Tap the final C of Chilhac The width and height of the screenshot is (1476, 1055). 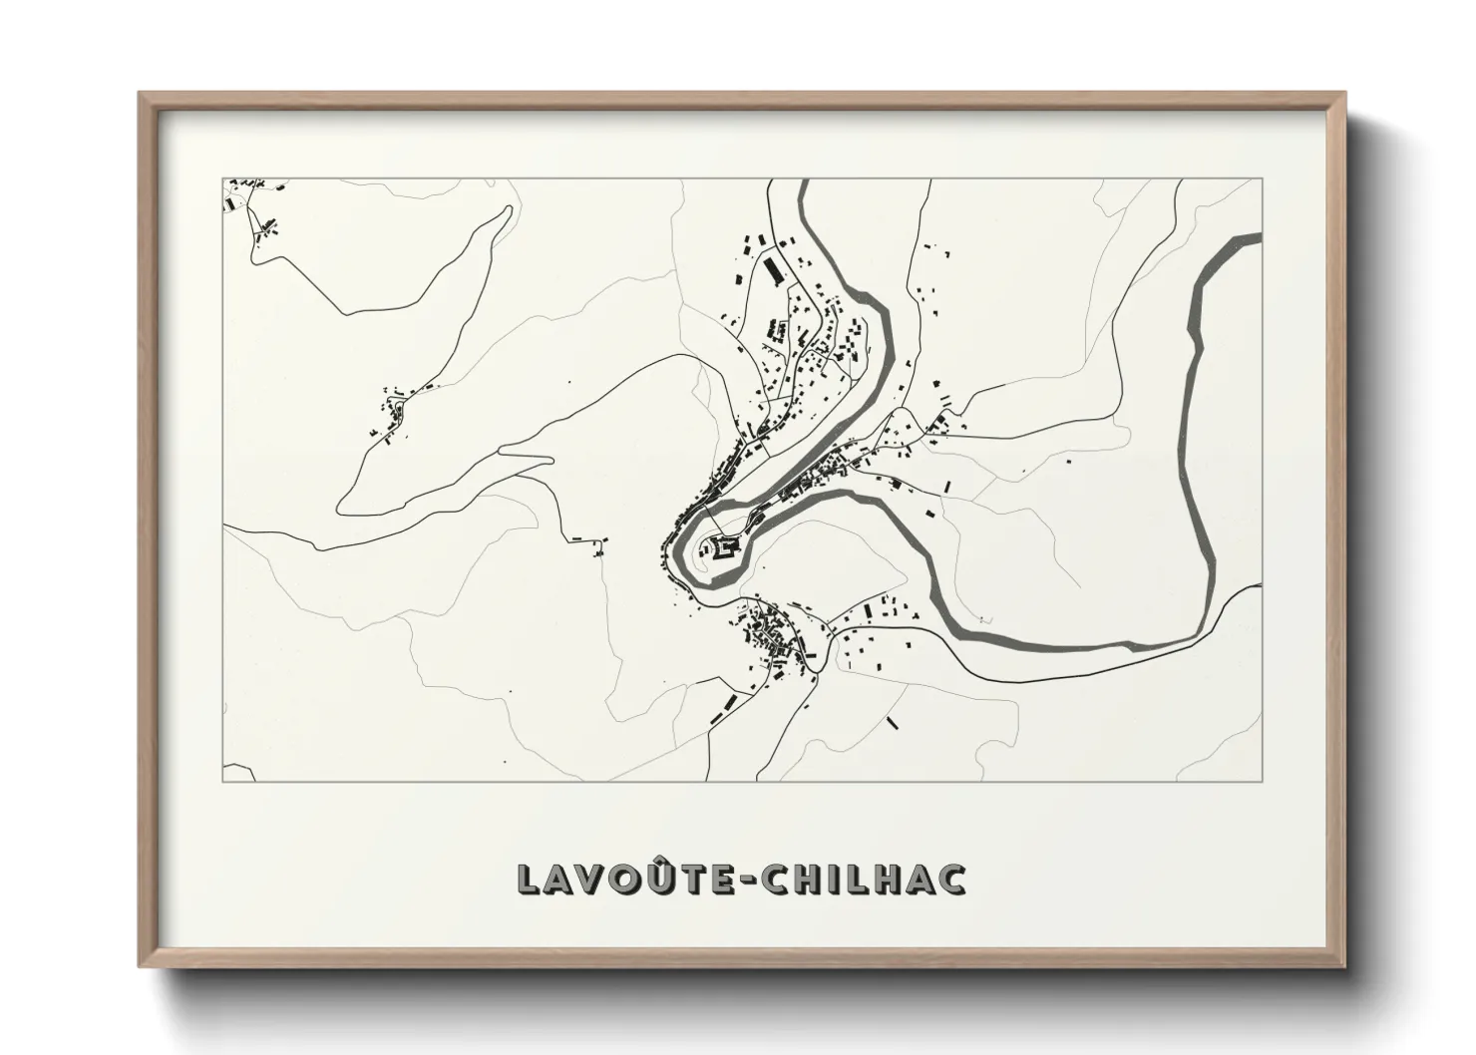coord(951,879)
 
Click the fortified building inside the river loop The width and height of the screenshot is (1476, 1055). coord(722,546)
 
